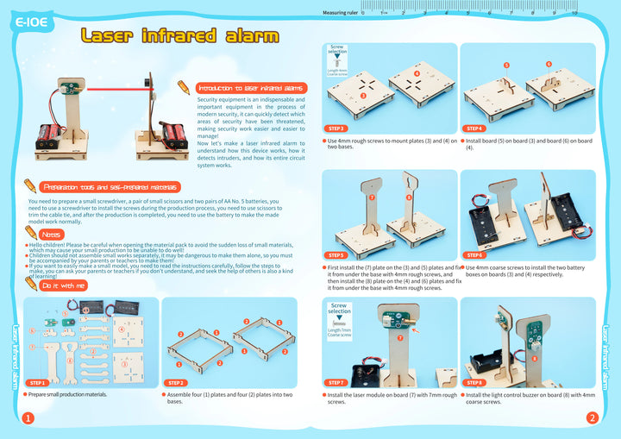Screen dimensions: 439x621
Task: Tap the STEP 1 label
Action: click(x=37, y=382)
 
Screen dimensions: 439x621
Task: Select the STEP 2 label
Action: click(x=176, y=382)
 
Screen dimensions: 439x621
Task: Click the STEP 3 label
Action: click(x=337, y=128)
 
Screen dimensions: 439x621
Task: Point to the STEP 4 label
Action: click(x=474, y=128)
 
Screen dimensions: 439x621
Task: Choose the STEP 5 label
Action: click(x=337, y=255)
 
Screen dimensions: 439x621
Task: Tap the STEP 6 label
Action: click(x=474, y=255)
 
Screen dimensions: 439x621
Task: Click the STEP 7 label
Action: click(x=337, y=382)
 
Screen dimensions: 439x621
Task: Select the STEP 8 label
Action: click(x=474, y=382)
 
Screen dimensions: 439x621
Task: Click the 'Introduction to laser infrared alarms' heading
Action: click(x=251, y=88)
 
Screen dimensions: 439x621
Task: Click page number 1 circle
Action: click(x=28, y=418)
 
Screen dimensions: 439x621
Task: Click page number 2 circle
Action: click(x=593, y=418)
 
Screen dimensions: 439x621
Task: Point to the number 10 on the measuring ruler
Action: click(x=574, y=13)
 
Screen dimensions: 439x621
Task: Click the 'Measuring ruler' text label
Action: click(x=340, y=13)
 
